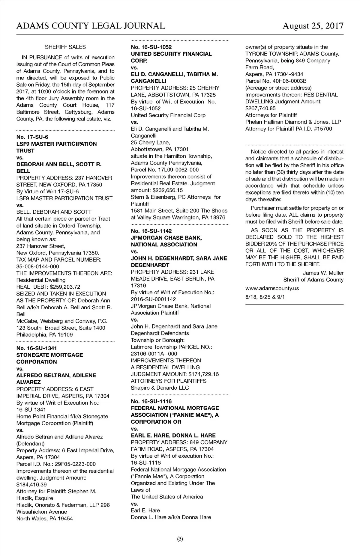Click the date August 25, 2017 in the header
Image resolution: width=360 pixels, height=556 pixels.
point(313,26)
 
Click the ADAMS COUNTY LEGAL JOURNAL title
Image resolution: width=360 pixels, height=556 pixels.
point(91,26)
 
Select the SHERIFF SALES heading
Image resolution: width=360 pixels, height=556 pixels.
point(65,47)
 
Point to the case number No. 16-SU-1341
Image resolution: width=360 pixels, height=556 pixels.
point(37,348)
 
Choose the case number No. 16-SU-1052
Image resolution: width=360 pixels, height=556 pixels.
point(151,47)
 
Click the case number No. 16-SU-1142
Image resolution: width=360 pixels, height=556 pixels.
point(151,231)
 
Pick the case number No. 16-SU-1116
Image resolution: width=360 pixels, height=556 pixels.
point(151,401)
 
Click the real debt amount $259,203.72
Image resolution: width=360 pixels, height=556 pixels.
point(64,287)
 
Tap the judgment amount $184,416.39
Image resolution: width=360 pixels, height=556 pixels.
point(31,484)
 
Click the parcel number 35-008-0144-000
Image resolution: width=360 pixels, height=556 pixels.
point(37,266)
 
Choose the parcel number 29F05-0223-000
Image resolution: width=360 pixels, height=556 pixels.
point(71,464)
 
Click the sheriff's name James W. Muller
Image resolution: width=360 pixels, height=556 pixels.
point(323,273)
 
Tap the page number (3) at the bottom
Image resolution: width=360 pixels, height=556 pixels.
point(180,539)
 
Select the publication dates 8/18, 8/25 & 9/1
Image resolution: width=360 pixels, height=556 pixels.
point(265,297)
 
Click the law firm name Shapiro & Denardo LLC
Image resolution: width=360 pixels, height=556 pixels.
point(160,388)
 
